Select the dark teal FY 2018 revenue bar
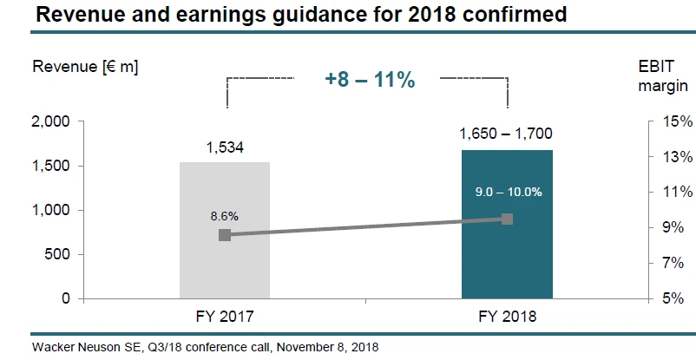point(507,260)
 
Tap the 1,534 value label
point(225,147)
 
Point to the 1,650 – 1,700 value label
point(506,134)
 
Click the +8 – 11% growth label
point(370,80)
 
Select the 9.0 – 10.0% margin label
point(507,192)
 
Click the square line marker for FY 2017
point(225,235)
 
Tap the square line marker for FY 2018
point(508,219)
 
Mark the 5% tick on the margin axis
point(680,298)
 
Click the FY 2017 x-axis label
point(225,317)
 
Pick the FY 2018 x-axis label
point(507,317)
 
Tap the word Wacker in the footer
point(51,346)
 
